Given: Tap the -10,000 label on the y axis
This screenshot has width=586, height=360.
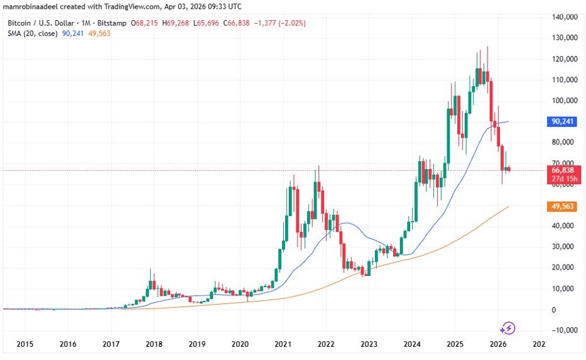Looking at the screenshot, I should [x=562, y=330].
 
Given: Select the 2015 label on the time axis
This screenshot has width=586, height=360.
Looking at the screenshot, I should [x=25, y=344].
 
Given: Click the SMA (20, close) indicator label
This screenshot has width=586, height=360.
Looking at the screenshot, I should [x=33, y=33].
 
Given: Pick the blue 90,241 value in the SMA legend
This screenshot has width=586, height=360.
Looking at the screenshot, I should [x=73, y=33].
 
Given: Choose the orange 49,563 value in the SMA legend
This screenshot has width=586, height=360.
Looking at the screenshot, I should [x=100, y=33].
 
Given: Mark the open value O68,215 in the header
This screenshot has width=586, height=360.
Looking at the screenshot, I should [x=145, y=23].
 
